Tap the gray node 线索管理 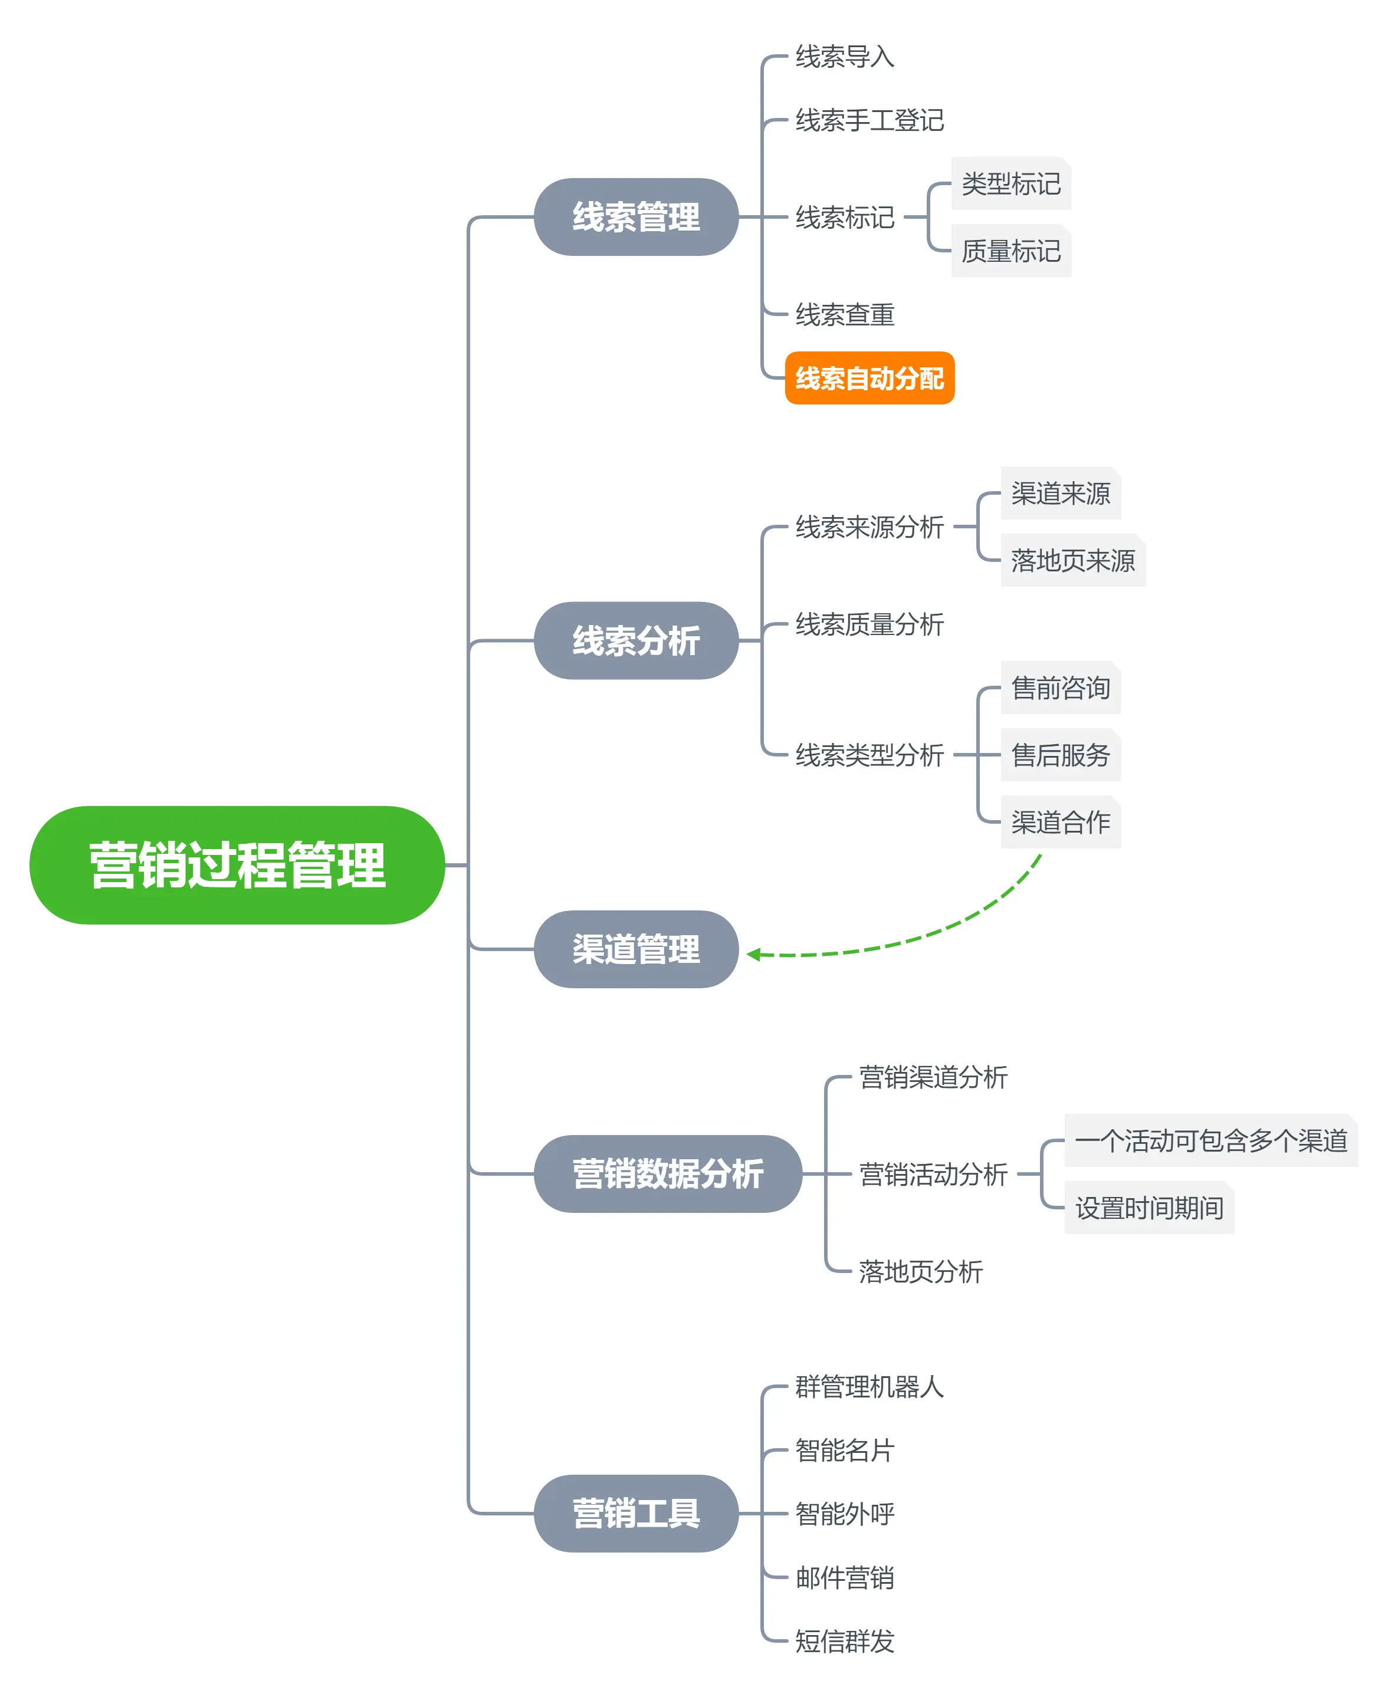(x=636, y=216)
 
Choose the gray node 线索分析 (x=636, y=640)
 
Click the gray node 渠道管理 (x=636, y=949)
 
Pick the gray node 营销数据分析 (x=668, y=1173)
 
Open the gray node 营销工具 (x=636, y=1513)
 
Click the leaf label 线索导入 (x=844, y=57)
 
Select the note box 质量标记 (x=1010, y=251)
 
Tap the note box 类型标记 (x=1010, y=184)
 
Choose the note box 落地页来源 (x=1072, y=560)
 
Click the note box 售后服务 (x=1060, y=755)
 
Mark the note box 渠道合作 (x=1060, y=822)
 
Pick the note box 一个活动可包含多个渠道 (x=1210, y=1140)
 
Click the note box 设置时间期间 (x=1149, y=1207)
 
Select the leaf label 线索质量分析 (x=869, y=624)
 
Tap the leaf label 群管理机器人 (x=869, y=1386)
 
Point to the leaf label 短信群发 (x=844, y=1641)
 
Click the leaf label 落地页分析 (x=920, y=1271)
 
